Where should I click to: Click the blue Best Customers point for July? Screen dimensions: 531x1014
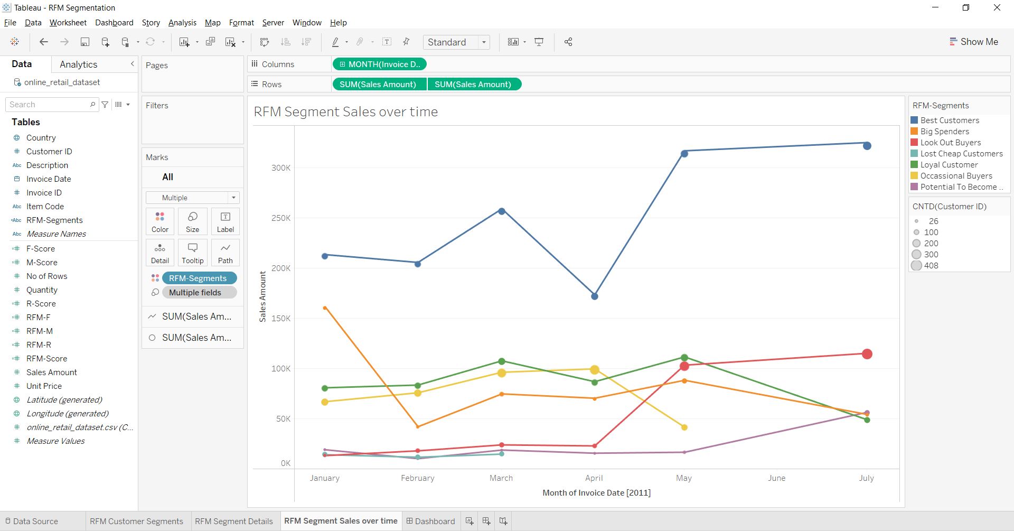coord(867,145)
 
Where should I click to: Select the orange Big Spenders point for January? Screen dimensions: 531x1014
coord(325,308)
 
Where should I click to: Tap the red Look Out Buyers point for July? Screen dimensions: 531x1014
coord(867,354)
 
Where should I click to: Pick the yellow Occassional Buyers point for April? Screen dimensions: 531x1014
coord(595,370)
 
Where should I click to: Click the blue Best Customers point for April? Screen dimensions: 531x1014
coord(595,296)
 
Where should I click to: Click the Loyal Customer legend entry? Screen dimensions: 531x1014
coord(949,165)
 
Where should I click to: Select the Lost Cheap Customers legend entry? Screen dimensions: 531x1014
coord(961,154)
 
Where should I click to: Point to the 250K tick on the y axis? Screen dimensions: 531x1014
coord(281,218)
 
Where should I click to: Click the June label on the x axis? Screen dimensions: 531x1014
coord(776,478)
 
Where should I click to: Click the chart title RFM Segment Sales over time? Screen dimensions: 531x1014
coord(346,112)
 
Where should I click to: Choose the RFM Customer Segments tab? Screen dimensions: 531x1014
coord(136,521)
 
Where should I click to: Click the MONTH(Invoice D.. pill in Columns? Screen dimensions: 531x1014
coord(379,64)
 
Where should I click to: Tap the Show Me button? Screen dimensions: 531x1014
coord(974,42)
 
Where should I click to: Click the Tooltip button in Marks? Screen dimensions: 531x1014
coord(193,253)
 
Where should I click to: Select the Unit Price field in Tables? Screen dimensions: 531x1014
coord(44,386)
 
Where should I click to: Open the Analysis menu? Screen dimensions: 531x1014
coord(182,23)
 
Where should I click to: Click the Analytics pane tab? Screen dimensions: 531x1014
coord(78,64)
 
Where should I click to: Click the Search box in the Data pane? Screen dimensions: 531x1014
coord(49,105)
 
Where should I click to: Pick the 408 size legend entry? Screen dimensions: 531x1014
coord(931,266)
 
